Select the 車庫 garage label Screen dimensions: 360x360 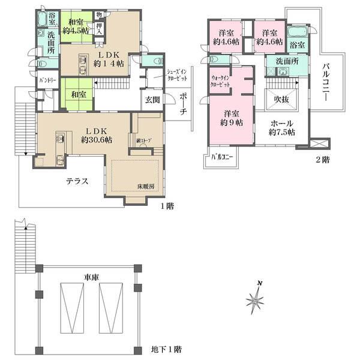(91, 278)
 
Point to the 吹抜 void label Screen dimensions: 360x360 (282, 99)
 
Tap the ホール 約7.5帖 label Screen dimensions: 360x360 (282, 127)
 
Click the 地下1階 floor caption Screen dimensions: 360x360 (165, 348)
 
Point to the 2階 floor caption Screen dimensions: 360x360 (323, 160)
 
